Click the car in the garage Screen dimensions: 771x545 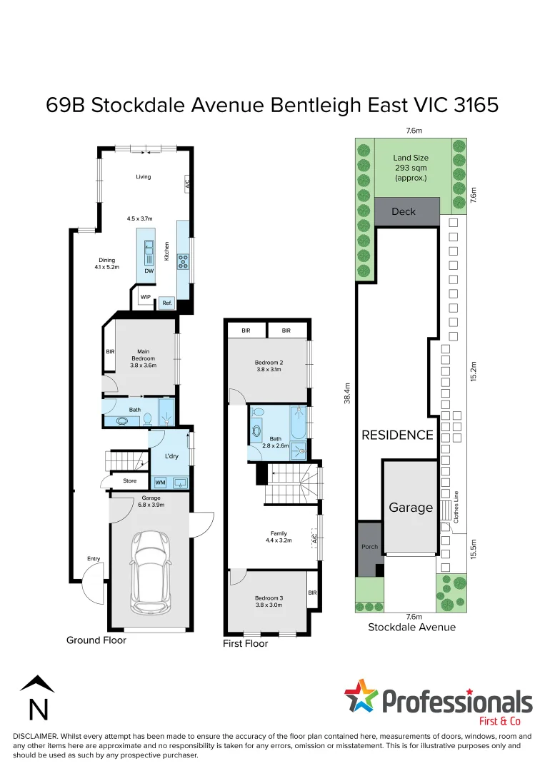pyautogui.click(x=150, y=571)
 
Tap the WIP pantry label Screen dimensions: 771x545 pyautogui.click(x=146, y=297)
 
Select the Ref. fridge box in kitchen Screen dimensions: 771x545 pyautogui.click(x=166, y=303)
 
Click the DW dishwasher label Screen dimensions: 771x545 pyautogui.click(x=149, y=271)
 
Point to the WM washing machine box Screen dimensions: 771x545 pyautogui.click(x=161, y=483)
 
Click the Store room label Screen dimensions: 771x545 pyautogui.click(x=129, y=481)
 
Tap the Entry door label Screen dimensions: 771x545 pyautogui.click(x=94, y=559)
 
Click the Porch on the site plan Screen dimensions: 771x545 pyautogui.click(x=369, y=547)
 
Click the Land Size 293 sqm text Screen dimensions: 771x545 pyautogui.click(x=410, y=168)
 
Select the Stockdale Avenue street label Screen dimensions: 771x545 pyautogui.click(x=411, y=628)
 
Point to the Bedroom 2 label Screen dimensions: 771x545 pyautogui.click(x=269, y=366)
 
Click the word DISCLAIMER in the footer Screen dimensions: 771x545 pyautogui.click(x=36, y=736)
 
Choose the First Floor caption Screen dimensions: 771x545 pyautogui.click(x=246, y=644)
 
